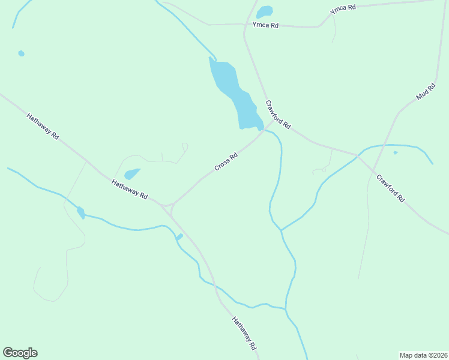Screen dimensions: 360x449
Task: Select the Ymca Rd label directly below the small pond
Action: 265,25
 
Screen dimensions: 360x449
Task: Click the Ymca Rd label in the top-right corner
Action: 343,9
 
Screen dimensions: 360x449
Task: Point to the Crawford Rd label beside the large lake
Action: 278,115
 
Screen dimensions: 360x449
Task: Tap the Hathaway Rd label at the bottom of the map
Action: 244,334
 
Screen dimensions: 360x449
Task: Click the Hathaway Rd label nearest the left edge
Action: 43,126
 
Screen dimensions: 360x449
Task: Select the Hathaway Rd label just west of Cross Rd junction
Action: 129,187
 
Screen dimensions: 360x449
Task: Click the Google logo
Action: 20,353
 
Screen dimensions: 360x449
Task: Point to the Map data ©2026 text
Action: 423,355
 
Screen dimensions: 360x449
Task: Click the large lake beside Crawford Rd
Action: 234,93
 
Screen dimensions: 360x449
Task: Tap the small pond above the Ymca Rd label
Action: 264,12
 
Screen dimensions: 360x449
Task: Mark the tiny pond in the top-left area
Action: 22,53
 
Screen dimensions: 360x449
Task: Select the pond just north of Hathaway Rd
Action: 131,174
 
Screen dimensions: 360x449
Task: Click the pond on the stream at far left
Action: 80,212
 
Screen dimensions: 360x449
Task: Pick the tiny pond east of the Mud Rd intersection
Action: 395,152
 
